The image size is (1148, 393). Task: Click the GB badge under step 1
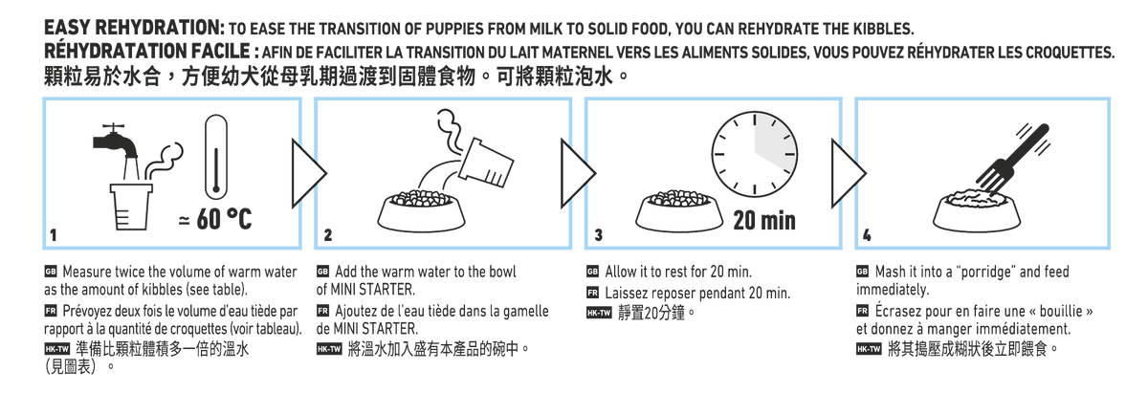[x=51, y=271]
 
